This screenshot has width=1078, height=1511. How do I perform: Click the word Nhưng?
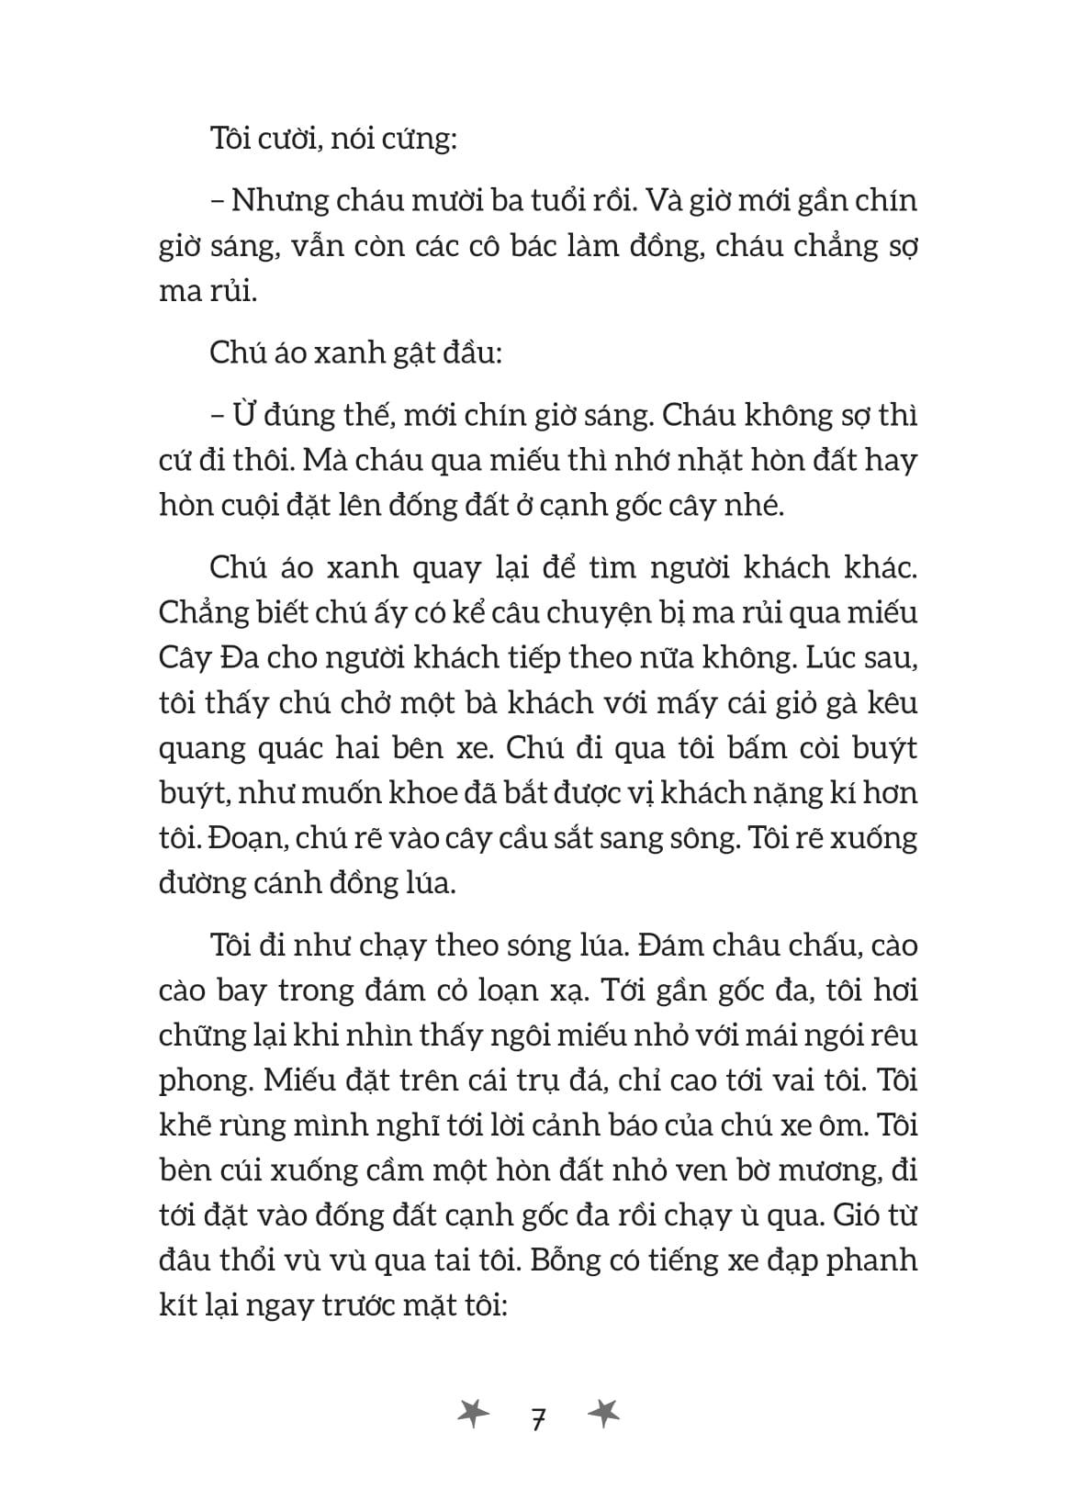click(278, 202)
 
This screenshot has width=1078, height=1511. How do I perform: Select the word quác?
click(299, 749)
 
